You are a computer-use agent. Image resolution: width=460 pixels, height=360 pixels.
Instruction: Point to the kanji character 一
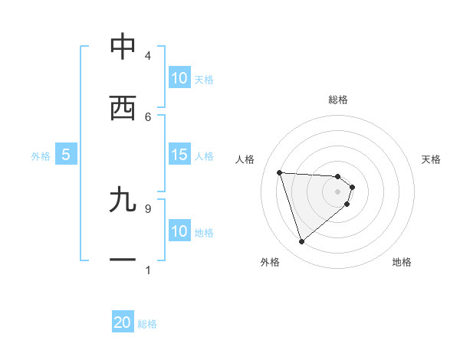[123, 260]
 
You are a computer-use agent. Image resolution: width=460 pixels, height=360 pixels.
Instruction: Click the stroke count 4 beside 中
[147, 56]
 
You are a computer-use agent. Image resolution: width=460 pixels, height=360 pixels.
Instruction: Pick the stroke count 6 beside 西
[147, 116]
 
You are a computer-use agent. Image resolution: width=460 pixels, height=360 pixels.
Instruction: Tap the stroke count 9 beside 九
[147, 208]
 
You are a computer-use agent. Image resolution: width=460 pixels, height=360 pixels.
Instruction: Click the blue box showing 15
[179, 155]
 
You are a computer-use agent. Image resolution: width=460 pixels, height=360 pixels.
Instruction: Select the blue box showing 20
[123, 322]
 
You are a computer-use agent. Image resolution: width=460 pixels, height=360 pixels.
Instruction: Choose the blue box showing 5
[66, 155]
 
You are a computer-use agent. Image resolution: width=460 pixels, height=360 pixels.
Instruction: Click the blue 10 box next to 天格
[179, 78]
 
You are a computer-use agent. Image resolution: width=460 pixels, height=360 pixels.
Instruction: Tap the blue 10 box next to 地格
[179, 231]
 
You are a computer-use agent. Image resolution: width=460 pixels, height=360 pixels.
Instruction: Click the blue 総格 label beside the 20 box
[147, 324]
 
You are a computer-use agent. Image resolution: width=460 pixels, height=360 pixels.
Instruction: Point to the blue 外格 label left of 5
[41, 156]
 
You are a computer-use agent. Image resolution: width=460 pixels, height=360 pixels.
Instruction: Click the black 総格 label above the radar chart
[338, 100]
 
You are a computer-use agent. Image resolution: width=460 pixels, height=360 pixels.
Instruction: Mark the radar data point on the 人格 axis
[280, 172]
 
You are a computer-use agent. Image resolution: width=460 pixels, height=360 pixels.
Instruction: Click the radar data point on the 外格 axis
[301, 242]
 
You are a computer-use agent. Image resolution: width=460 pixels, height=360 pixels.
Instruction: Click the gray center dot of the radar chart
[338, 191]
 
